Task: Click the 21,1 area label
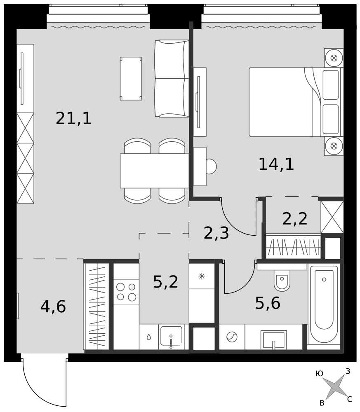pyautogui.click(x=73, y=118)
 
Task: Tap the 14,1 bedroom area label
pyautogui.click(x=276, y=164)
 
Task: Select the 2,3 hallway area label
pyautogui.click(x=216, y=233)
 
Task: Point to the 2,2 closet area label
pyautogui.click(x=295, y=219)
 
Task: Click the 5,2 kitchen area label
pyautogui.click(x=166, y=282)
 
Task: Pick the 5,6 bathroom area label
pyautogui.click(x=268, y=303)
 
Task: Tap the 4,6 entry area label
pyautogui.click(x=53, y=307)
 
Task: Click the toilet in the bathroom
pyautogui.click(x=282, y=280)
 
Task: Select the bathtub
pyautogui.click(x=324, y=304)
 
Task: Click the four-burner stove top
pyautogui.click(x=126, y=292)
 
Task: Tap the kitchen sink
pyautogui.click(x=171, y=337)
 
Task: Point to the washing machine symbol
pyautogui.click(x=232, y=337)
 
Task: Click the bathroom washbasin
pyautogui.click(x=273, y=340)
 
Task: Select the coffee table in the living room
pyautogui.click(x=131, y=79)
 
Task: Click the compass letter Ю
pyautogui.click(x=319, y=374)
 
